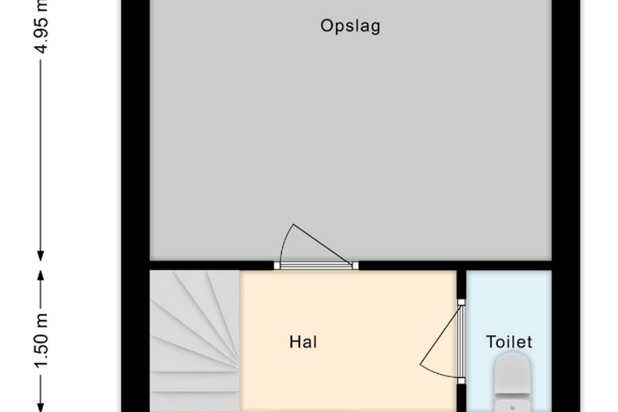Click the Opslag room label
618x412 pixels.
350,26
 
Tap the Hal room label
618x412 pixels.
303,342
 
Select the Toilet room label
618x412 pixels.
509,342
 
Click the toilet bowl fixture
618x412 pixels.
512,380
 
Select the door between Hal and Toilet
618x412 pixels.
461,341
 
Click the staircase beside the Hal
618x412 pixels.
195,341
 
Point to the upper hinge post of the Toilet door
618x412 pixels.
461,302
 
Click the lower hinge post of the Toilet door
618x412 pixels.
461,381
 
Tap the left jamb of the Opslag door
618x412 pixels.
277,265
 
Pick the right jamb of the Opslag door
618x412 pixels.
356,265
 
